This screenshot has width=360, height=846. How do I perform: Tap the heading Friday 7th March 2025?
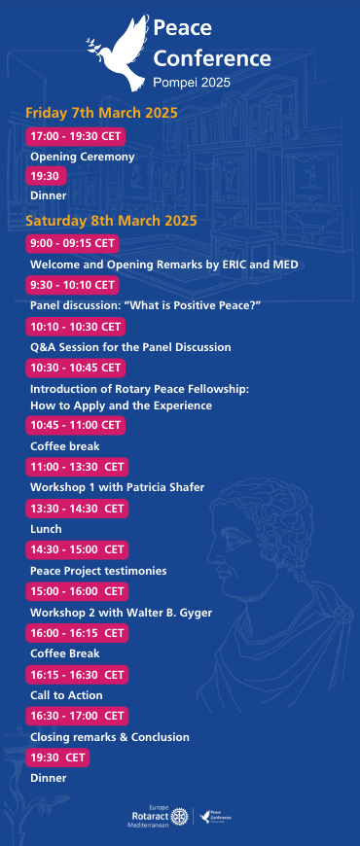coord(101,114)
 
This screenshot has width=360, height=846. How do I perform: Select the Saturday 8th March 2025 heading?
coord(111,221)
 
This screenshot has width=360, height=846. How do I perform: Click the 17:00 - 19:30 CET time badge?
coord(76,136)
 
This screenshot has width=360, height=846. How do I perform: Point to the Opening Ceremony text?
coord(82,157)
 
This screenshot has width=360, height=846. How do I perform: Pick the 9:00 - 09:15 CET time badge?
coord(72,243)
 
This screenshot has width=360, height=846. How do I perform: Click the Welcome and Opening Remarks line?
coord(164,264)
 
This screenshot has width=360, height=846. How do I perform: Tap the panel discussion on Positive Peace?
coord(146,305)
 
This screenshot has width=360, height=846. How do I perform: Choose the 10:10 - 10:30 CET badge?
coord(76,327)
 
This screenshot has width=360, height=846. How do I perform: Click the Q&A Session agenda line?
coord(130,347)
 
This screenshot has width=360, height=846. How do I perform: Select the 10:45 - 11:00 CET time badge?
coord(76,425)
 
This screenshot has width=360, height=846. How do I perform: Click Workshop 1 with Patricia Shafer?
coord(117,487)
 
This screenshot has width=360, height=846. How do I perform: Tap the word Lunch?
coord(46,529)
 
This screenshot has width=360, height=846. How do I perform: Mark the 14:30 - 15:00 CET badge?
coord(77,549)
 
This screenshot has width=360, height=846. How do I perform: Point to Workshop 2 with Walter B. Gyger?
coord(121,613)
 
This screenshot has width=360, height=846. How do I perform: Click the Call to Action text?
coord(66,695)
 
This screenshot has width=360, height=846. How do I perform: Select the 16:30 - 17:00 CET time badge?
coord(77,716)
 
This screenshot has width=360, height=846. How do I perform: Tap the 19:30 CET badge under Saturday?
coord(57,758)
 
